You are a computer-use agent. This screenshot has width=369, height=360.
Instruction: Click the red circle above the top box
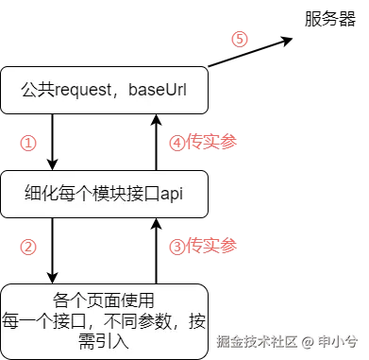point(240,40)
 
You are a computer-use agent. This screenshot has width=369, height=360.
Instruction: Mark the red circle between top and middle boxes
point(28,143)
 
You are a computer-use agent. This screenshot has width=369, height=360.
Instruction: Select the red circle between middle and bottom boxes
point(28,246)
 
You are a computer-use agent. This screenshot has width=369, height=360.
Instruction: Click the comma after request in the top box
point(128,94)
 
